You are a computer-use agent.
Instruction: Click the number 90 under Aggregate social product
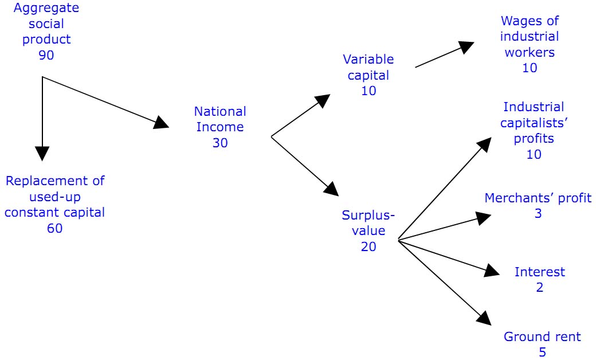46,55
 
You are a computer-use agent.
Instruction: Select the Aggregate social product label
46,24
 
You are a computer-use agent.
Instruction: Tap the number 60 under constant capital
55,228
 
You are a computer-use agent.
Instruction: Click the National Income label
220,119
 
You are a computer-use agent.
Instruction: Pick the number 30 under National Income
220,143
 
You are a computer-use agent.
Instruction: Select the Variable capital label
368,67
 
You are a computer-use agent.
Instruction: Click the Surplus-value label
368,223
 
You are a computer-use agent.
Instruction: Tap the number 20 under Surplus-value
368,247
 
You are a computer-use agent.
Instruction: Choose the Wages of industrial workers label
529,37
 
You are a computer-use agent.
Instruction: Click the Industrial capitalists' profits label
534,123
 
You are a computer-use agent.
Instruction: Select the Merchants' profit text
538,198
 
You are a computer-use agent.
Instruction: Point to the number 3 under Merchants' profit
538,214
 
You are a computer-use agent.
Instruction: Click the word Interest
539,272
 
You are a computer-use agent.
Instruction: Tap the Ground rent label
542,336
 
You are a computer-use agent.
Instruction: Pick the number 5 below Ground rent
542,352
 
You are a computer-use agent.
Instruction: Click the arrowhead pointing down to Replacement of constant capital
42,153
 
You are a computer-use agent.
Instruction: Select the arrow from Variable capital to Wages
445,55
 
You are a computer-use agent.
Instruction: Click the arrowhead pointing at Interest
493,271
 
